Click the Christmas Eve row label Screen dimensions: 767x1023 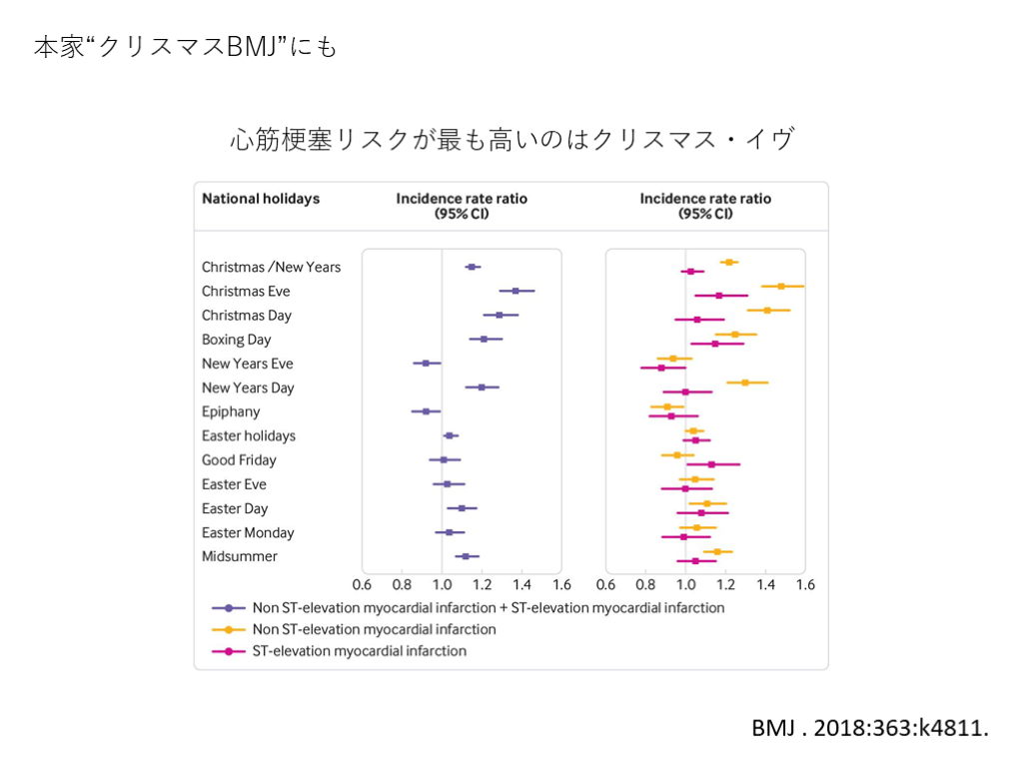[246, 292]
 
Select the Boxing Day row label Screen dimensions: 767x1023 [236, 340]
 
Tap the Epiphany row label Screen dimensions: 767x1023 [231, 411]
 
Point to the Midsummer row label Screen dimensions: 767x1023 [240, 556]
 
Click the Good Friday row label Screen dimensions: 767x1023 [239, 460]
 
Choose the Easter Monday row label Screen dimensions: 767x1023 [248, 532]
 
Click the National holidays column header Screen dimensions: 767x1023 [261, 199]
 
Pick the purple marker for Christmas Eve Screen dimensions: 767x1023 [515, 291]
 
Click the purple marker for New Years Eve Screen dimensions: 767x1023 [426, 364]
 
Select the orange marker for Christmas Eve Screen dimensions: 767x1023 [781, 286]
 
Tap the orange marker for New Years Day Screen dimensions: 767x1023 [745, 383]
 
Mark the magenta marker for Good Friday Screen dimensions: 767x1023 [711, 464]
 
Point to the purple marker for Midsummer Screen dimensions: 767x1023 [466, 556]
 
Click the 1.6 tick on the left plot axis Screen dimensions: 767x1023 [561, 584]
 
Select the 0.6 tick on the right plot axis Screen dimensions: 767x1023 [606, 584]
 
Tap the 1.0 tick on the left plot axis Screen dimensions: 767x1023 [442, 584]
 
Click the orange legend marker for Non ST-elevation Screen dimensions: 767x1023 [229, 629]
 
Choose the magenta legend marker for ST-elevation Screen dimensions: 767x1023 [229, 651]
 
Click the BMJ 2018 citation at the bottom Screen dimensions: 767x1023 [870, 728]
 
